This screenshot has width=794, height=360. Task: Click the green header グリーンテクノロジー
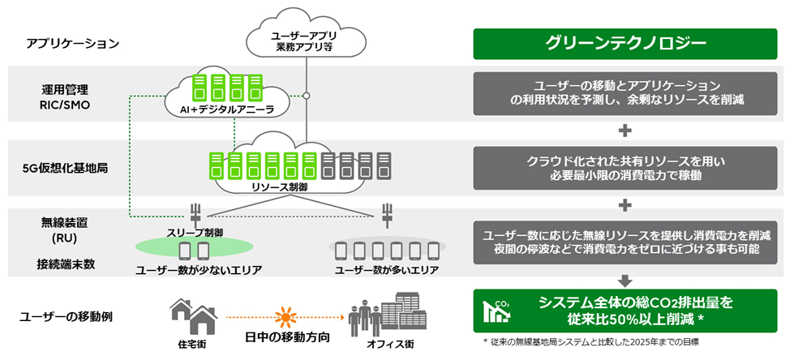coord(624,44)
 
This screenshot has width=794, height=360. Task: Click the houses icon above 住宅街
coord(192,315)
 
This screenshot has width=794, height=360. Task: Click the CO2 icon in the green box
coord(496,310)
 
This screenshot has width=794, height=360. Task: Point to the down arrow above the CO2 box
coord(624,280)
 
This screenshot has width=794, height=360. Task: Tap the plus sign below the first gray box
coord(624,131)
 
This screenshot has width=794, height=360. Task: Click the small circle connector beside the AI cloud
coord(306,96)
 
